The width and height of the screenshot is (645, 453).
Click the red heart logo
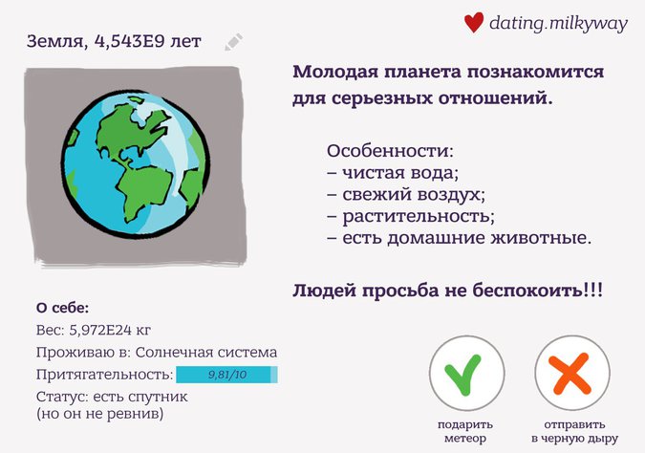(x=474, y=22)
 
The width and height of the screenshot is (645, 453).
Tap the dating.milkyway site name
(x=558, y=23)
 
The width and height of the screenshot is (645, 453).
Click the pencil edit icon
(x=234, y=42)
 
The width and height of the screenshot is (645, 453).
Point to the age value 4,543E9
(x=130, y=41)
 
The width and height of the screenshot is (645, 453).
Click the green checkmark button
(x=467, y=373)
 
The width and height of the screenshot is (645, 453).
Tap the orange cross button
(x=572, y=373)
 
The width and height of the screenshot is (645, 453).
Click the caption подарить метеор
(x=465, y=431)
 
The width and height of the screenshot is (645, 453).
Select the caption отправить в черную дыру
(x=574, y=431)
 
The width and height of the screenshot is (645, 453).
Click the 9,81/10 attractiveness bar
(x=226, y=375)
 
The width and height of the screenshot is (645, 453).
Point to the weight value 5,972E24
(x=100, y=330)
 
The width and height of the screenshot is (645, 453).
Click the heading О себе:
(x=62, y=308)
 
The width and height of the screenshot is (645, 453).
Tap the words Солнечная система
(x=206, y=353)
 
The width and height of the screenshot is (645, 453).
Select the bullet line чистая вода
(x=393, y=172)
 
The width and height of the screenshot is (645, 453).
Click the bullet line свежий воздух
(x=406, y=194)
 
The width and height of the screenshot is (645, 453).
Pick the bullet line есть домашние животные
(x=460, y=238)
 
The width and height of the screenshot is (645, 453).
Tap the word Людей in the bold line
(x=324, y=291)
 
